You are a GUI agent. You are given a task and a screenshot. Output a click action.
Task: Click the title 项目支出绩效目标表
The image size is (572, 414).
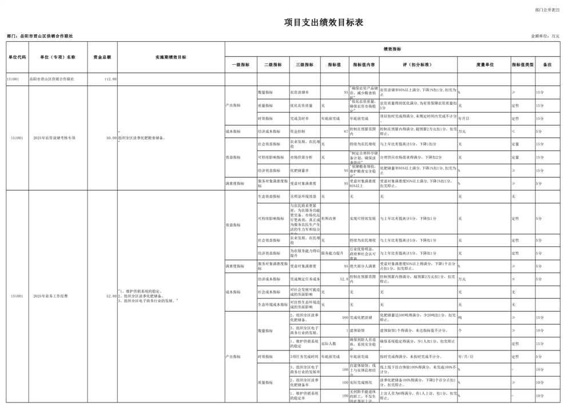[323, 23]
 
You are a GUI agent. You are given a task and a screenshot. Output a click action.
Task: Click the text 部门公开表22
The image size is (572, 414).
[547, 10]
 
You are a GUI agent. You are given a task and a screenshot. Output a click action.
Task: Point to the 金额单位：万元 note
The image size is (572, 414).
[545, 36]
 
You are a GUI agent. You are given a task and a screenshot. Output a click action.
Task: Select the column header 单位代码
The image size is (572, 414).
[17, 57]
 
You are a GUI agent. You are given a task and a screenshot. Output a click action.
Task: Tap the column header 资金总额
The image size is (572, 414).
[102, 57]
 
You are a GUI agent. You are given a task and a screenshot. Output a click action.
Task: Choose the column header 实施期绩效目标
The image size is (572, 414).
[170, 57]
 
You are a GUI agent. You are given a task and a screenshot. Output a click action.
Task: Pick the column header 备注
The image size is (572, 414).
[547, 65]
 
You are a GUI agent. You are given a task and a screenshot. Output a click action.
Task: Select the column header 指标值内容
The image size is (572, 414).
[364, 65]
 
